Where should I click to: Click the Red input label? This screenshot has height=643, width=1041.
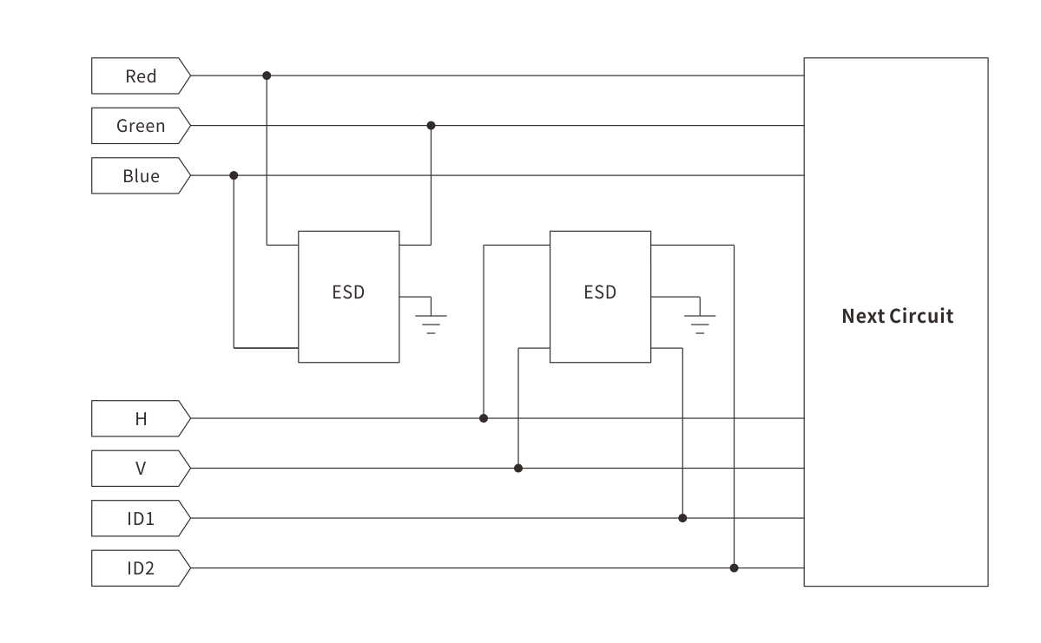pyautogui.click(x=141, y=76)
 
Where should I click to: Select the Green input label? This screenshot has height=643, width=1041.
pyautogui.click(x=141, y=126)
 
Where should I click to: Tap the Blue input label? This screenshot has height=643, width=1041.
pyautogui.click(x=141, y=176)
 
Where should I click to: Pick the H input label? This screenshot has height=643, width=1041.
pyautogui.click(x=141, y=419)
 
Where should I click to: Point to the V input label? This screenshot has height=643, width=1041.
pyautogui.click(x=141, y=469)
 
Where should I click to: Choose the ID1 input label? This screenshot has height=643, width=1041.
pyautogui.click(x=141, y=519)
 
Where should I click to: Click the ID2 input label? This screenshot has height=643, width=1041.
pyautogui.click(x=141, y=568)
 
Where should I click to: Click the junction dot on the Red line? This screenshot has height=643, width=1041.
pyautogui.click(x=267, y=75)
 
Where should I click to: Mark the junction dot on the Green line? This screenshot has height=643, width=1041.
pyautogui.click(x=431, y=126)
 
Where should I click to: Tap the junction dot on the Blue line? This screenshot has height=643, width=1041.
pyautogui.click(x=234, y=175)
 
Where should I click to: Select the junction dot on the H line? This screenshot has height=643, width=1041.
pyautogui.click(x=484, y=418)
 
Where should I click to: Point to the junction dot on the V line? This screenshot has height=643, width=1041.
pyautogui.click(x=518, y=469)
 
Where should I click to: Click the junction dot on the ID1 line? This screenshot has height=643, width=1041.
pyautogui.click(x=682, y=518)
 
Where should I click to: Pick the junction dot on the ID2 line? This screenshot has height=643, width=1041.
pyautogui.click(x=734, y=568)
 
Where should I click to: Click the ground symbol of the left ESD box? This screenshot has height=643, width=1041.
pyautogui.click(x=431, y=321)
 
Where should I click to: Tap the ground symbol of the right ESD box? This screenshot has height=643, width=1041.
pyautogui.click(x=700, y=321)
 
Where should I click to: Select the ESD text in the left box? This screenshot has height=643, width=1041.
pyautogui.click(x=348, y=292)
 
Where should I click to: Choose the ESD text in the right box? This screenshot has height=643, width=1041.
pyautogui.click(x=600, y=292)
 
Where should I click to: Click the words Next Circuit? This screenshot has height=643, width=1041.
pyautogui.click(x=897, y=316)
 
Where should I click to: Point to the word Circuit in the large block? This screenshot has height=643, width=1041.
pyautogui.click(x=921, y=316)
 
